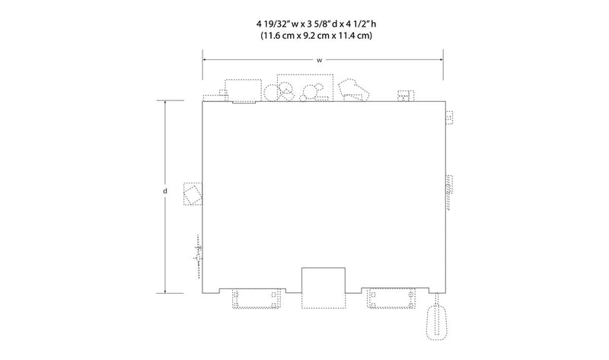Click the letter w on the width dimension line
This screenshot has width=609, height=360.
pyautogui.click(x=319, y=60)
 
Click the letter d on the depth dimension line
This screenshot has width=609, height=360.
pyautogui.click(x=165, y=191)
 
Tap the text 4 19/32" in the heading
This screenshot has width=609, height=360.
pyautogui.click(x=272, y=24)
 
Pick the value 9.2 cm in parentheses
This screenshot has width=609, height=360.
pyautogui.click(x=315, y=36)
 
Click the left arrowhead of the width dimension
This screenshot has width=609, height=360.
pyautogui.click(x=205, y=60)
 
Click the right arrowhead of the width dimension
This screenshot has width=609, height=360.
pyautogui.click(x=441, y=60)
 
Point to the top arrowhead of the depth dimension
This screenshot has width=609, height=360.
pyautogui.click(x=165, y=103)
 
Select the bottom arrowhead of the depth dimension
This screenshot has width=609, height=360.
pyautogui.click(x=165, y=291)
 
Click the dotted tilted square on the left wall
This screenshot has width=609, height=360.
pyautogui.click(x=193, y=194)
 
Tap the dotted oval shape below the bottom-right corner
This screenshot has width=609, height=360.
pyautogui.click(x=437, y=323)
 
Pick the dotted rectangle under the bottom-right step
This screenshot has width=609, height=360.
pyautogui.click(x=391, y=298)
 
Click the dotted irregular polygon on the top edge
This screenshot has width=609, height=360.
pyautogui.click(x=353, y=90)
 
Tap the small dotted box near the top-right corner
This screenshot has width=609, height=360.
pyautogui.click(x=406, y=96)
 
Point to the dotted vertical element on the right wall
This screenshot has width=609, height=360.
pyautogui.click(x=449, y=193)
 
